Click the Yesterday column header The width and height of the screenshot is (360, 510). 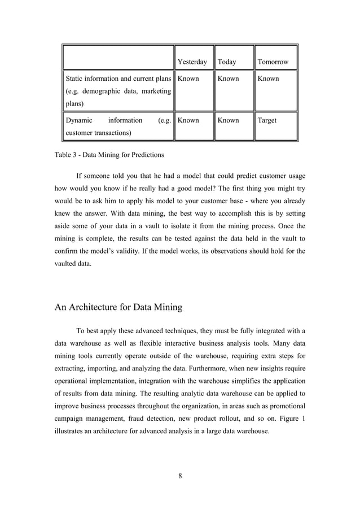click(x=192, y=62)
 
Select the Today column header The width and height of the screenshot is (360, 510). click(x=227, y=62)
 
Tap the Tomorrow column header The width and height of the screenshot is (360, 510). click(x=273, y=62)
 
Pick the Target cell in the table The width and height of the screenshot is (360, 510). click(x=267, y=120)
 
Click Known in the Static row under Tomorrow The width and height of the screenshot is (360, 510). click(x=268, y=79)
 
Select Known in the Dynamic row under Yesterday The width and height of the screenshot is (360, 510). click(x=188, y=120)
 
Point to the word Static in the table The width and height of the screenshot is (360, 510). click(x=77, y=79)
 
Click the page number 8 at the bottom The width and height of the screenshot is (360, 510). click(x=180, y=474)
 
